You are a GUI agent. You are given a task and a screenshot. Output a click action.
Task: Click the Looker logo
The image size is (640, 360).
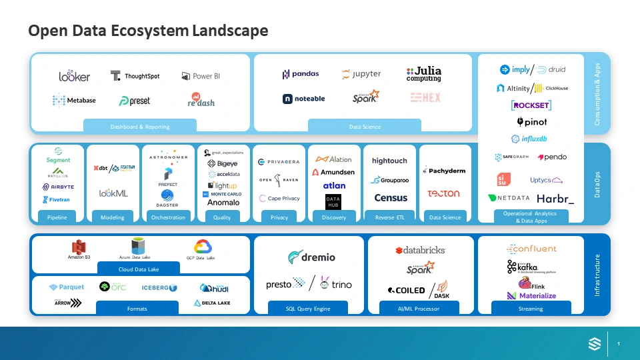click(x=74, y=76)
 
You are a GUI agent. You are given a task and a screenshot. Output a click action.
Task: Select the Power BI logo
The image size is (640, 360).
click(x=201, y=76)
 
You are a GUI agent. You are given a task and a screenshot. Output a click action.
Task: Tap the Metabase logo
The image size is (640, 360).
click(x=74, y=100)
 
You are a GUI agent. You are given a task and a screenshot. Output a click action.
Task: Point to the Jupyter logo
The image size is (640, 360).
click(x=361, y=74)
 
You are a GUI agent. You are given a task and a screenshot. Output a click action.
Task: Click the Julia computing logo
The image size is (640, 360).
click(x=424, y=73)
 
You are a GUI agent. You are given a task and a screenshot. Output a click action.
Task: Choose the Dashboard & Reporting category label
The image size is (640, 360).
click(x=140, y=127)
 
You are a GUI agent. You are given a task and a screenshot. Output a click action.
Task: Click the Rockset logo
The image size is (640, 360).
click(x=531, y=105)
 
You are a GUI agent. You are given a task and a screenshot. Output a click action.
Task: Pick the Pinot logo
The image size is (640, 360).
click(x=532, y=122)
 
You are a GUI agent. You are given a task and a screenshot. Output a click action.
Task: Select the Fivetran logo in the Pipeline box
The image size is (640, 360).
click(x=56, y=199)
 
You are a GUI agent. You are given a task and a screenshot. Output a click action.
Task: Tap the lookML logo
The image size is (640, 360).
click(x=113, y=193)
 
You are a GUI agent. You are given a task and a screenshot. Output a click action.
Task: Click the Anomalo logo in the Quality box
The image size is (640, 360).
click(x=223, y=203)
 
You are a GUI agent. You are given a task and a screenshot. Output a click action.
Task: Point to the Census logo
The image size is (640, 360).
click(x=391, y=197)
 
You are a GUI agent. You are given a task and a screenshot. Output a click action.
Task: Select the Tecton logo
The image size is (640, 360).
click(x=443, y=193)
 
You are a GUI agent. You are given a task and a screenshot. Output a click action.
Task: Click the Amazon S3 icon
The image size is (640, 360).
click(x=79, y=248)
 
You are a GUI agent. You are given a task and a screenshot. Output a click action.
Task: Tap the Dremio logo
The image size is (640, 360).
click(x=311, y=257)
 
